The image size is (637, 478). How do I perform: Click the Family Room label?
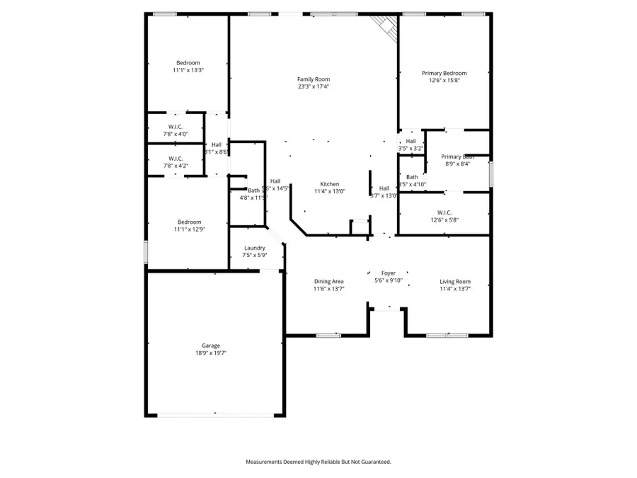pyautogui.click(x=313, y=79)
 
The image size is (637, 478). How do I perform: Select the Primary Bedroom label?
pyautogui.click(x=444, y=73)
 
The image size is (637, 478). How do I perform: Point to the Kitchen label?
pyautogui.click(x=329, y=184)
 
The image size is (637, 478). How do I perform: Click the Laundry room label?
pyautogui.click(x=254, y=248)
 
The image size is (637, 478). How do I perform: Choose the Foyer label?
pyautogui.click(x=388, y=273)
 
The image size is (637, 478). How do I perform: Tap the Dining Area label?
pyautogui.click(x=329, y=281)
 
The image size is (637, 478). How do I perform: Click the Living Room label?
pyautogui.click(x=454, y=281)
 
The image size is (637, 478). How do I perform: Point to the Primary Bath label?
pyautogui.click(x=457, y=157)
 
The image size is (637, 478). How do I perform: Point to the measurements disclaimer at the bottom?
pyautogui.click(x=318, y=462)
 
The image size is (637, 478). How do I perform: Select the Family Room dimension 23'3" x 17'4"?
pyautogui.click(x=313, y=86)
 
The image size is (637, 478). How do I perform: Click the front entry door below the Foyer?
pyautogui.click(x=386, y=308)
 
